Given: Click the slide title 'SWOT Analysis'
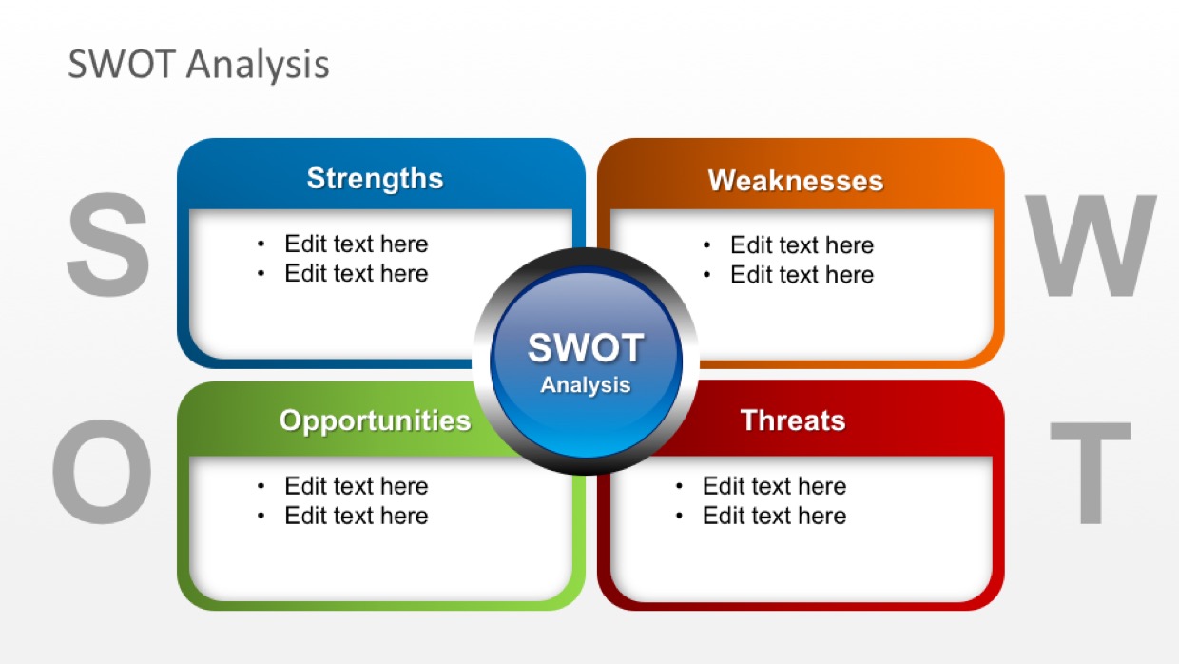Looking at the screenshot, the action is coord(199,65).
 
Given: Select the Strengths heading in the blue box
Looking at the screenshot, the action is coord(375,179).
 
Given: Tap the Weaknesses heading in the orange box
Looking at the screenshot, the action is coord(796,181).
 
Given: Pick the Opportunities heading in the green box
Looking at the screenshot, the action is coord(375,421).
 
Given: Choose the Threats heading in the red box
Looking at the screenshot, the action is coord(793,420).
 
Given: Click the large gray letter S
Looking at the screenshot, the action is coord(107,244).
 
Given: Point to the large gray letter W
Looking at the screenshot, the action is coord(1090,245).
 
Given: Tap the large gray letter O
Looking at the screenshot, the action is coord(102,472).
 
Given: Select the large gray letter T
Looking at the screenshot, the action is coord(1091,473).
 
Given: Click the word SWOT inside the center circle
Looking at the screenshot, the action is coord(586,348).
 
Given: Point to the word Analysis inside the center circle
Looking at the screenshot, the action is coord(586,385).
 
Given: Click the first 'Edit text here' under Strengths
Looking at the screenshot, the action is coord(357,244).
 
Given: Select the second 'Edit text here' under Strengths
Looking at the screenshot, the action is coord(357,273).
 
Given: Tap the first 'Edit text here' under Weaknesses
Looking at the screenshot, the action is coord(802,244).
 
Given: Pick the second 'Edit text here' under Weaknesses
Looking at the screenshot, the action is coord(802,274).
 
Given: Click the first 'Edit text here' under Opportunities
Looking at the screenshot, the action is coord(357,486).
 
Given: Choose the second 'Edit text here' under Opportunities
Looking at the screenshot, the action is coord(357,516).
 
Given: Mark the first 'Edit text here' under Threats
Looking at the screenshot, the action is coord(774,486).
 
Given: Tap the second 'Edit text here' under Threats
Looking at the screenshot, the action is coord(774,516).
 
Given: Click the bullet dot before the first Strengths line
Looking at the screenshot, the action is coord(261,244).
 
